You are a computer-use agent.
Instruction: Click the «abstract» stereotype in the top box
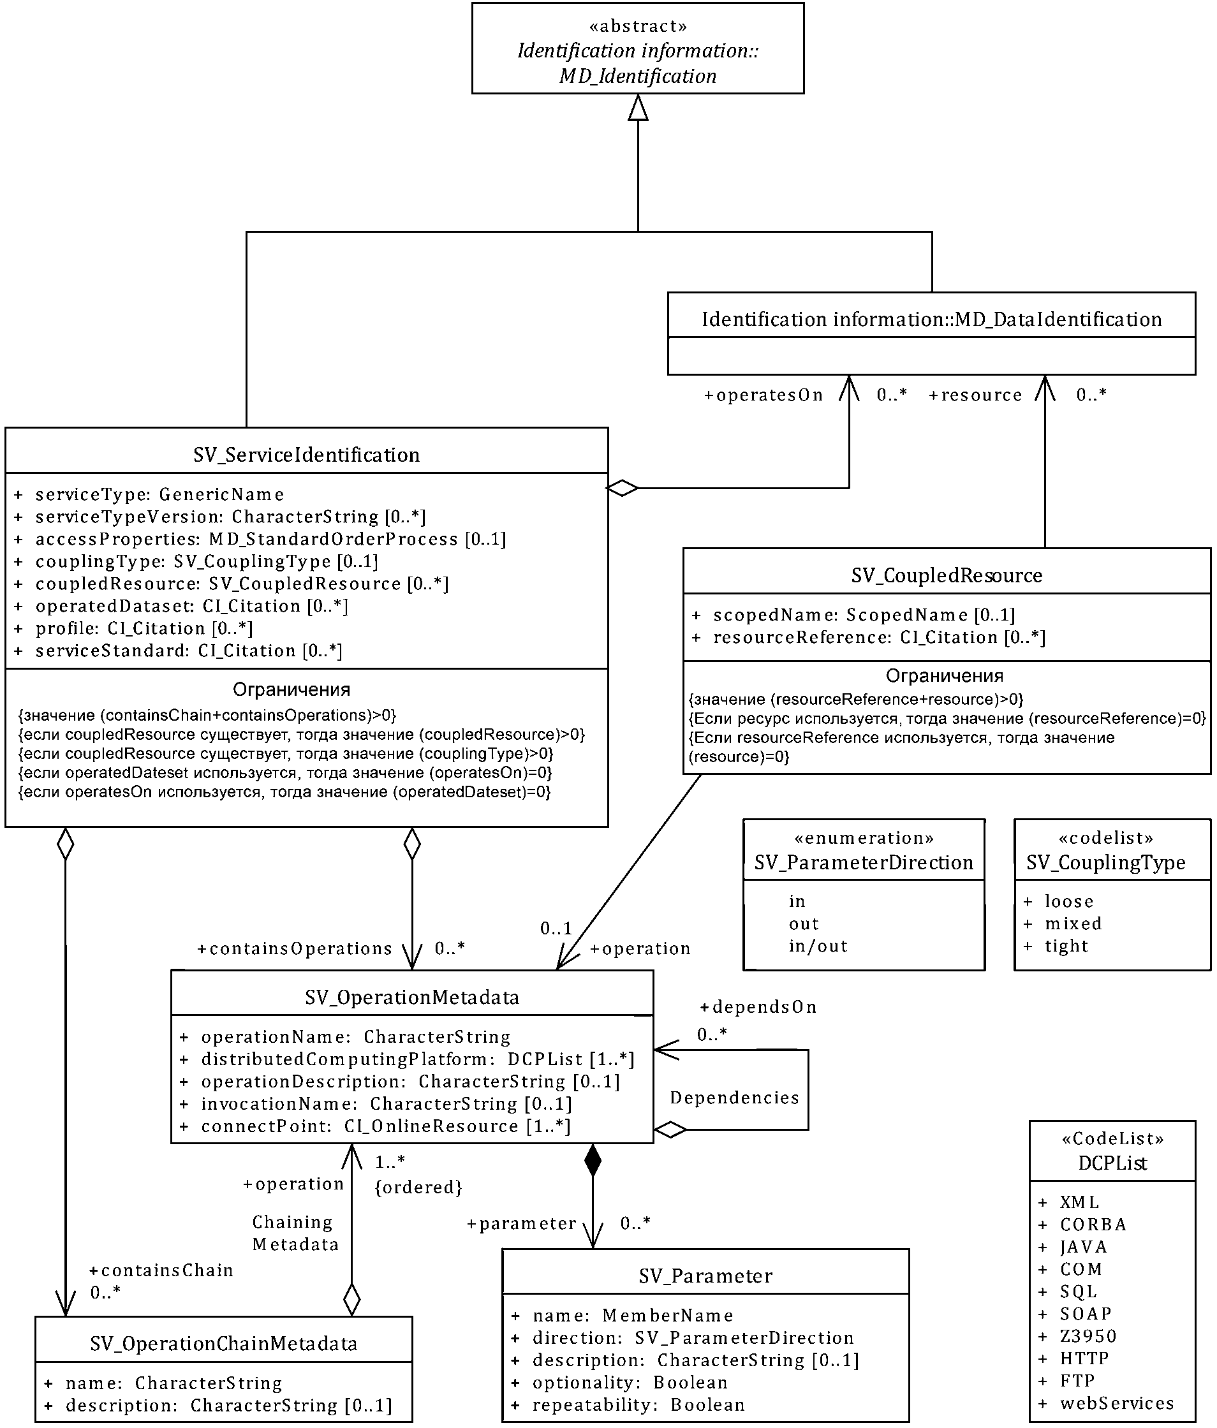[x=637, y=26]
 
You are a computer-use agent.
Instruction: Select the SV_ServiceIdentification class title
[x=306, y=455]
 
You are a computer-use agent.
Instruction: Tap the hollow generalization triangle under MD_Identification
[x=638, y=108]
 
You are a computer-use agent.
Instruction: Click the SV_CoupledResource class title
[x=946, y=575]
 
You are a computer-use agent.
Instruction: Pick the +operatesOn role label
[x=763, y=395]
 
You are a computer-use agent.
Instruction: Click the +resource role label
[x=975, y=395]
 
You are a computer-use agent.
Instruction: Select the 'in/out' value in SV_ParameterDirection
[x=818, y=946]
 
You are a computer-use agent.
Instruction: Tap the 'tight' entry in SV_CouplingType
[x=1066, y=946]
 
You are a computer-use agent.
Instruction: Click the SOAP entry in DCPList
[x=1086, y=1314]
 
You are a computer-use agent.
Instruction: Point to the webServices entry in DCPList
[x=1116, y=1403]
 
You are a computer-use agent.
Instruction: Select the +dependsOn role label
[x=758, y=1007]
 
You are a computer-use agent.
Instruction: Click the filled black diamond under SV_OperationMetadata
[x=593, y=1161]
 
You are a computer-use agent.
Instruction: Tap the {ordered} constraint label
[x=418, y=1187]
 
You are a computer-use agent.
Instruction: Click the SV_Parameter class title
[x=705, y=1276]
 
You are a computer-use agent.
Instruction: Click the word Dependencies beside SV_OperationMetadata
[x=735, y=1098]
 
